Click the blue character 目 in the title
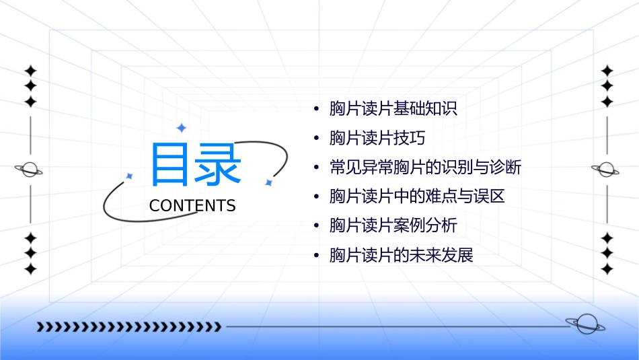pos(170,165)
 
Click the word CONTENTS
pos(192,206)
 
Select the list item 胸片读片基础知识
pos(393,108)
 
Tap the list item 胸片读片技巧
pos(377,138)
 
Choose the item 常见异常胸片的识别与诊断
pos(425,167)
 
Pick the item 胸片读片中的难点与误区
pos(416,196)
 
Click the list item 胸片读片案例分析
pos(393,225)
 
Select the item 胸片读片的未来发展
pos(401,255)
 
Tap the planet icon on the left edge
pos(30,170)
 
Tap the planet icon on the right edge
pos(606,170)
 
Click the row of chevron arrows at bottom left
pos(128,327)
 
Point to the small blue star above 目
pos(180,127)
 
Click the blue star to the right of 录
pos(268,182)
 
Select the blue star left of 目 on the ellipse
pos(129,176)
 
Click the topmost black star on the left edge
pos(30,70)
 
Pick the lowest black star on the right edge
pos(607,269)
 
